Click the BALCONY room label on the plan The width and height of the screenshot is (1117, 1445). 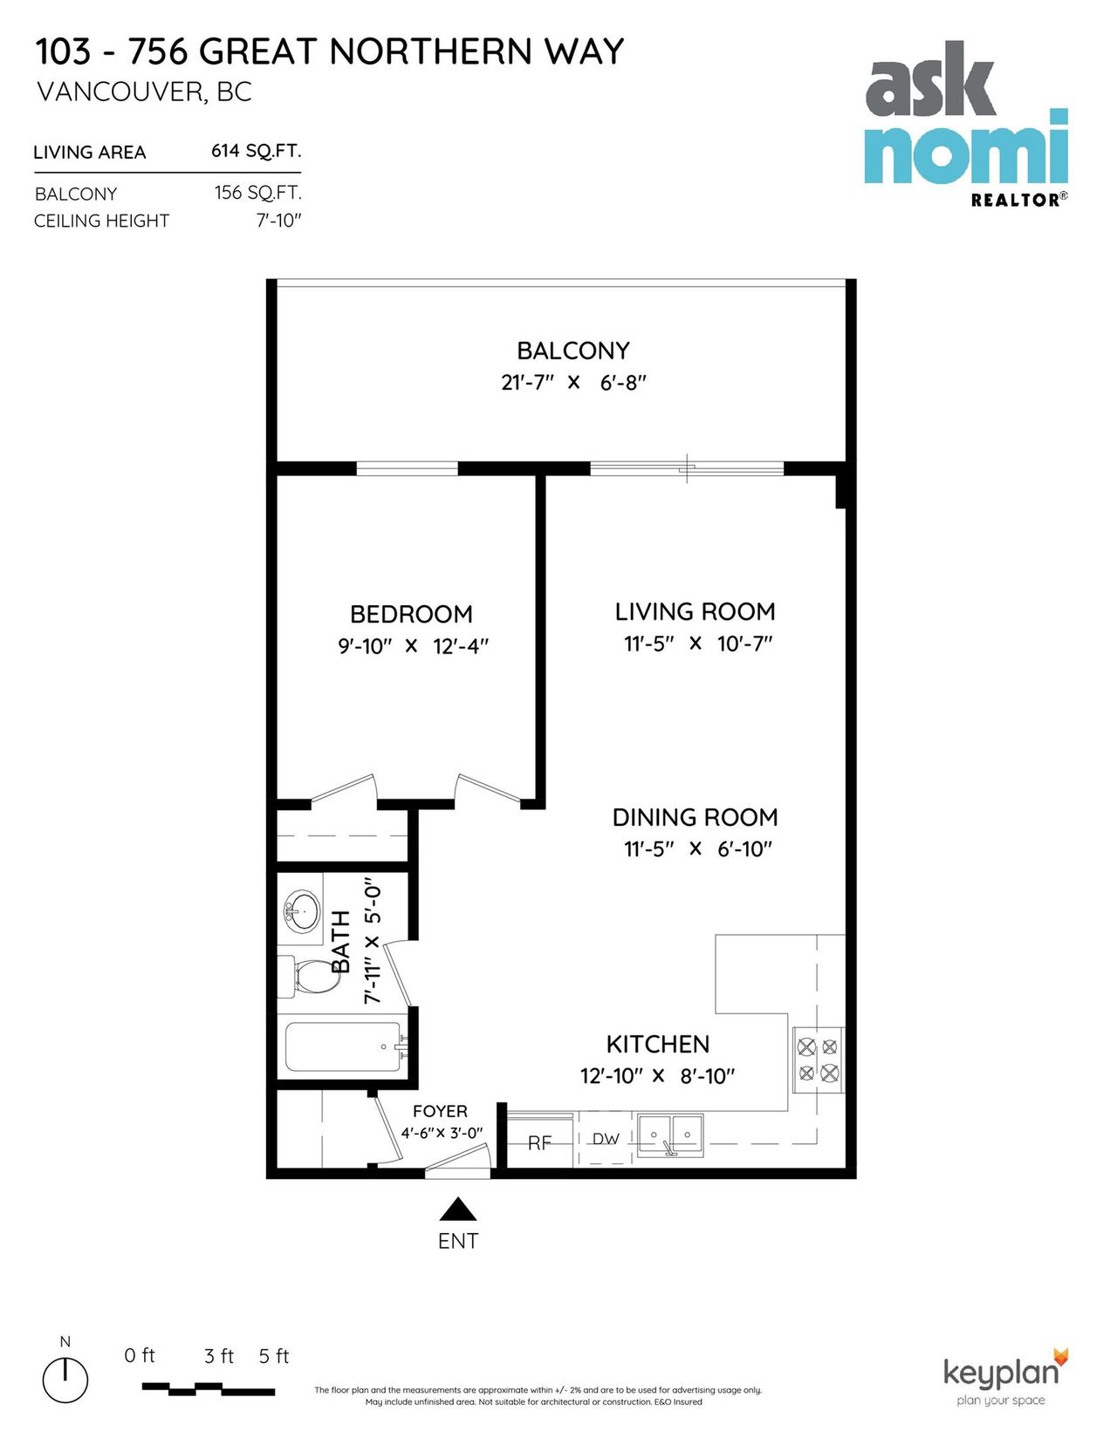pyautogui.click(x=572, y=351)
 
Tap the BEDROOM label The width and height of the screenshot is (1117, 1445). pyautogui.click(x=411, y=614)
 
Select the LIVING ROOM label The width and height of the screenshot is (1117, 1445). pyautogui.click(x=695, y=612)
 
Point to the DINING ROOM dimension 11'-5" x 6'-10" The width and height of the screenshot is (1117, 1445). pyautogui.click(x=697, y=849)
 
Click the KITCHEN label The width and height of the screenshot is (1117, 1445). pyautogui.click(x=657, y=1044)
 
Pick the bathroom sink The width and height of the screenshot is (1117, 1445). pyautogui.click(x=301, y=910)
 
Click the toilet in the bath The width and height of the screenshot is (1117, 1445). pyautogui.click(x=308, y=976)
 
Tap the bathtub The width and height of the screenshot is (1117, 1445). pyautogui.click(x=343, y=1046)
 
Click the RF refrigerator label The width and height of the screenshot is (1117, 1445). pyautogui.click(x=539, y=1143)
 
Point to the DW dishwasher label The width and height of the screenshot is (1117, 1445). pyautogui.click(x=606, y=1138)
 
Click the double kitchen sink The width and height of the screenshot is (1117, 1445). pyautogui.click(x=670, y=1135)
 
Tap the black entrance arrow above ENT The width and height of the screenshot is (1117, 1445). pyautogui.click(x=458, y=1209)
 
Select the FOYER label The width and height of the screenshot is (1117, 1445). pyautogui.click(x=440, y=1111)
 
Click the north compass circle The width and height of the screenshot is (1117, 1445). pyautogui.click(x=65, y=1379)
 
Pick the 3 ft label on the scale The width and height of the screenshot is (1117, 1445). pyautogui.click(x=219, y=1357)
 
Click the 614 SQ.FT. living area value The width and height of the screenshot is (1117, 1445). pyautogui.click(x=257, y=152)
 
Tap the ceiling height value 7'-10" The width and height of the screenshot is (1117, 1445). pyautogui.click(x=279, y=220)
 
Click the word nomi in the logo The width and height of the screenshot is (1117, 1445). pyautogui.click(x=966, y=147)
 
